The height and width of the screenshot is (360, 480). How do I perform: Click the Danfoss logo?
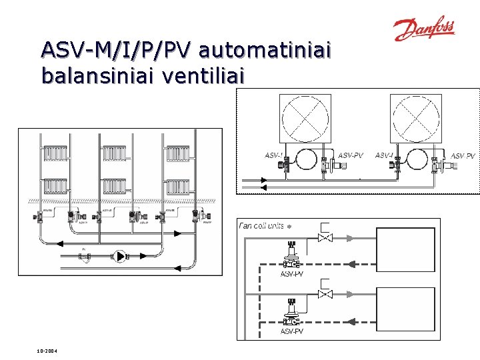point(423,29)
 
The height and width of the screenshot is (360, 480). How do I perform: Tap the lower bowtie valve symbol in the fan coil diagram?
point(325,294)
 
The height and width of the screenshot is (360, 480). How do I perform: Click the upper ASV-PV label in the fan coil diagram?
point(292,274)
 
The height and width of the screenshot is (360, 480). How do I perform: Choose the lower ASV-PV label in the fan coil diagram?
point(292,331)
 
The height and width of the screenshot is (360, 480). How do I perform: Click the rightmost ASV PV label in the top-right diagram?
point(463,156)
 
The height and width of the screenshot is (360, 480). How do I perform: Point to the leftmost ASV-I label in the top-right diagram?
point(273,155)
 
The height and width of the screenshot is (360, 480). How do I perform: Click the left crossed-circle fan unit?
point(305,119)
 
